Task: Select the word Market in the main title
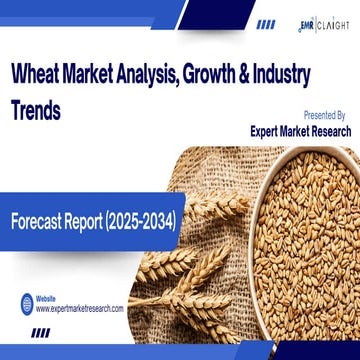click(x=95, y=75)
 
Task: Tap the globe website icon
click(x=23, y=304)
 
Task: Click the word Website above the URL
click(x=45, y=299)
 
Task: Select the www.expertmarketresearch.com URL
click(x=79, y=309)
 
